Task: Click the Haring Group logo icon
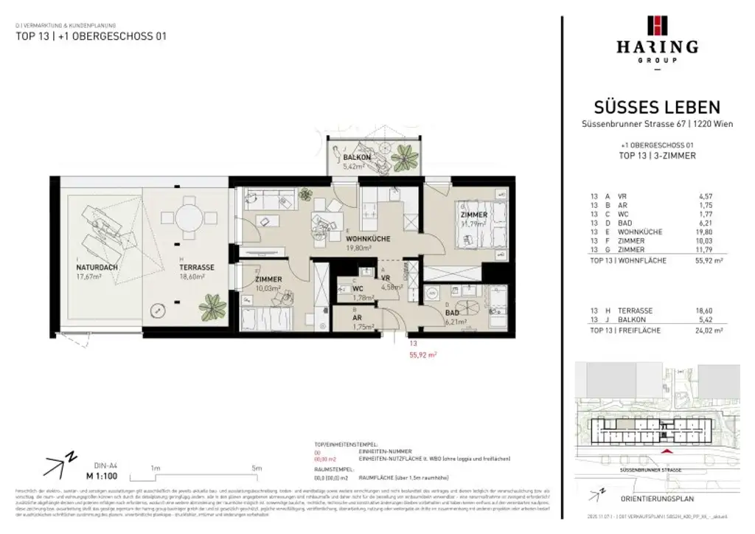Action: click(x=657, y=25)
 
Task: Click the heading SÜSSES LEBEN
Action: click(x=657, y=108)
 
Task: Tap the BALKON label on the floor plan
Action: click(x=357, y=158)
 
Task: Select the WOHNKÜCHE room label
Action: click(x=368, y=239)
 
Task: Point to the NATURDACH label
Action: click(x=91, y=268)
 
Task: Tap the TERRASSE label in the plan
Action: click(x=198, y=268)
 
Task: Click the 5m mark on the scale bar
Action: click(x=257, y=468)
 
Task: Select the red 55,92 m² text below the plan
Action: click(x=422, y=355)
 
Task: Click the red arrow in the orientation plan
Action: click(x=667, y=451)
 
